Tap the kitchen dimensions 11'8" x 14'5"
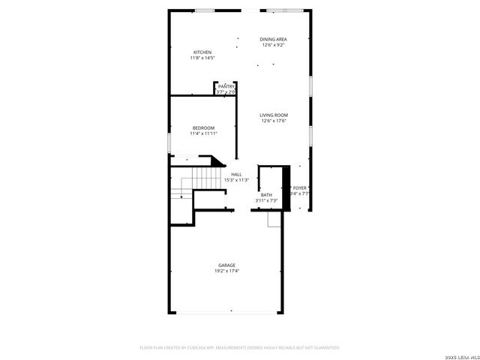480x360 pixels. point(202,58)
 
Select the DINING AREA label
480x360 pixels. point(274,39)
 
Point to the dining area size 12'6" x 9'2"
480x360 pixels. point(274,45)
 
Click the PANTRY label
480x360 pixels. point(226,86)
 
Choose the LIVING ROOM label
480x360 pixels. point(274,115)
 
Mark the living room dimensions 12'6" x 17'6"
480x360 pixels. point(274,121)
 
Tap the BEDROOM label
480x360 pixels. point(203,127)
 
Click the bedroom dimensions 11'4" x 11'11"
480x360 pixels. point(203,133)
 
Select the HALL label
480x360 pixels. point(236,174)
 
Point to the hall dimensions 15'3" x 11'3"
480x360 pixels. point(236,180)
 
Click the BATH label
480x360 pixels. point(266,194)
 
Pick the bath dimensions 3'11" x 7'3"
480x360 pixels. point(266,200)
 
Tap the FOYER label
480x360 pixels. point(300,187)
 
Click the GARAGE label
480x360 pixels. point(226,265)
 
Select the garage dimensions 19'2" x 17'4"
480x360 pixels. point(226,271)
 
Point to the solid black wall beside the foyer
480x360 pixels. point(286,187)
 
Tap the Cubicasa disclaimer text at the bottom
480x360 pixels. point(240,348)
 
